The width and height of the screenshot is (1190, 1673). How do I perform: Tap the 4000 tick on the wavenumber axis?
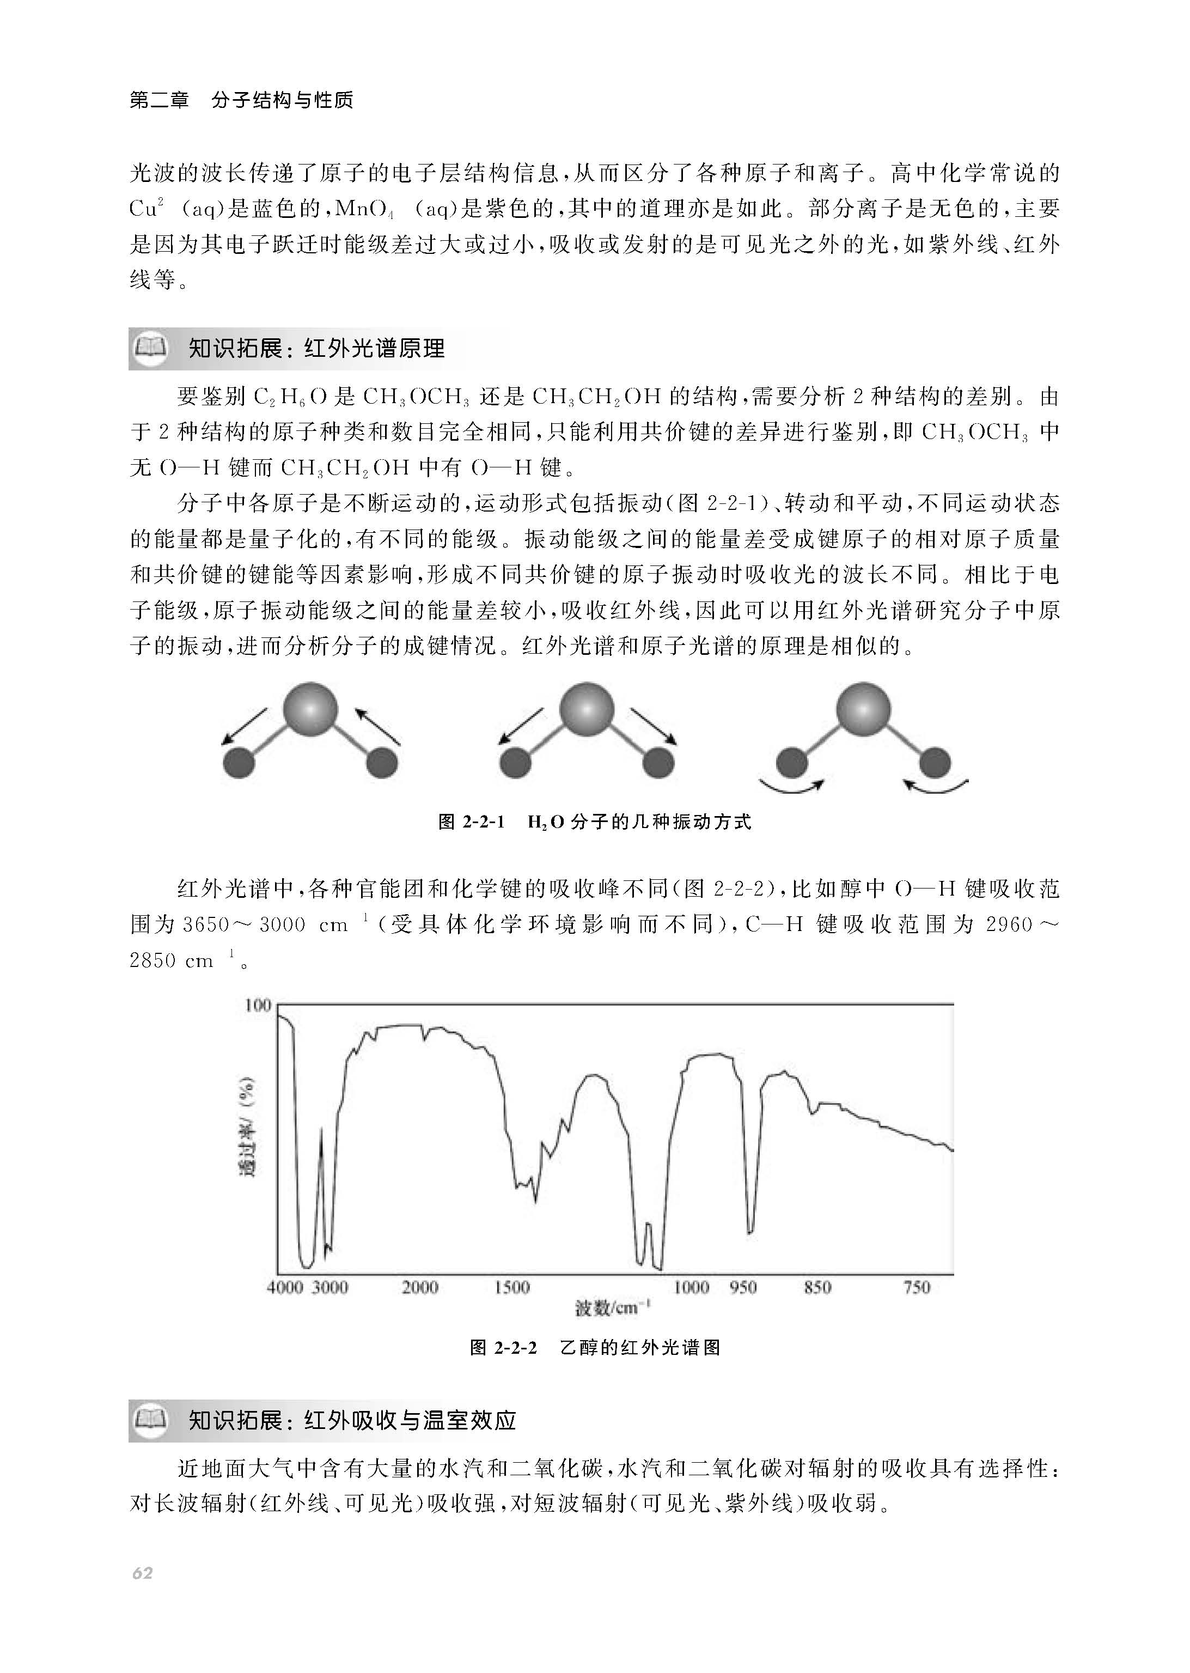284,1287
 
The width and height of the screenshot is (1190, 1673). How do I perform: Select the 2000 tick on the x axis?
420,1287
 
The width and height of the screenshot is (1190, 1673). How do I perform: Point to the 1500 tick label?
511,1287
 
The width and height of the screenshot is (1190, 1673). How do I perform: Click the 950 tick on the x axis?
743,1287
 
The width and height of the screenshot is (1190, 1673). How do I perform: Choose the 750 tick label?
917,1287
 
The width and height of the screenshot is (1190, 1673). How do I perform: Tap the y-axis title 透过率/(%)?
248,1128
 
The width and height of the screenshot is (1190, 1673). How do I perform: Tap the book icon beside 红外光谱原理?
152,346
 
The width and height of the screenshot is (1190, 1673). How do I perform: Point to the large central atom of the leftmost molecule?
310,709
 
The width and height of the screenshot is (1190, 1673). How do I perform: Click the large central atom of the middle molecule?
587,709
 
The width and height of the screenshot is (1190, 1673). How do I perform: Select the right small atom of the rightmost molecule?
935,763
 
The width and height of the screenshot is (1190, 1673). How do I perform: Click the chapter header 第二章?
159,100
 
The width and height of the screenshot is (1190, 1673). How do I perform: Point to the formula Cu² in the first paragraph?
147,209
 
